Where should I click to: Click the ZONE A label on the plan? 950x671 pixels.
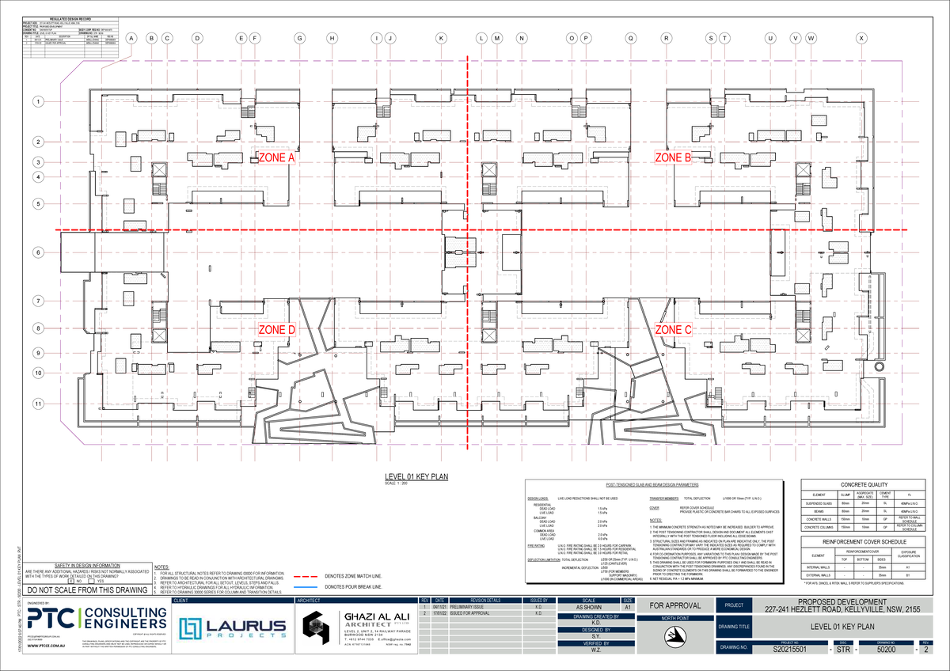point(276,158)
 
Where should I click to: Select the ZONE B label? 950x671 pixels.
point(673,158)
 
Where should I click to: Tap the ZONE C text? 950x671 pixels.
point(673,329)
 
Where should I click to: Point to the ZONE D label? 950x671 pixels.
point(277,329)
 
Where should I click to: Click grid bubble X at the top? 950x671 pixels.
point(861,38)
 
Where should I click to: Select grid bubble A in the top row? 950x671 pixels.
point(131,38)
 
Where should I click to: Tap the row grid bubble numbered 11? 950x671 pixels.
point(37,404)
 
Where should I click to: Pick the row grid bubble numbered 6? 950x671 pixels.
point(37,252)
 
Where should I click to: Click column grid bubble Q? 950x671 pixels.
point(630,38)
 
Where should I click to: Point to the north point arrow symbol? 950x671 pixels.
point(675,634)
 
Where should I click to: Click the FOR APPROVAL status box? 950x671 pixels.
point(674,606)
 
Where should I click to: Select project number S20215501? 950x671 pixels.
point(788,649)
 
